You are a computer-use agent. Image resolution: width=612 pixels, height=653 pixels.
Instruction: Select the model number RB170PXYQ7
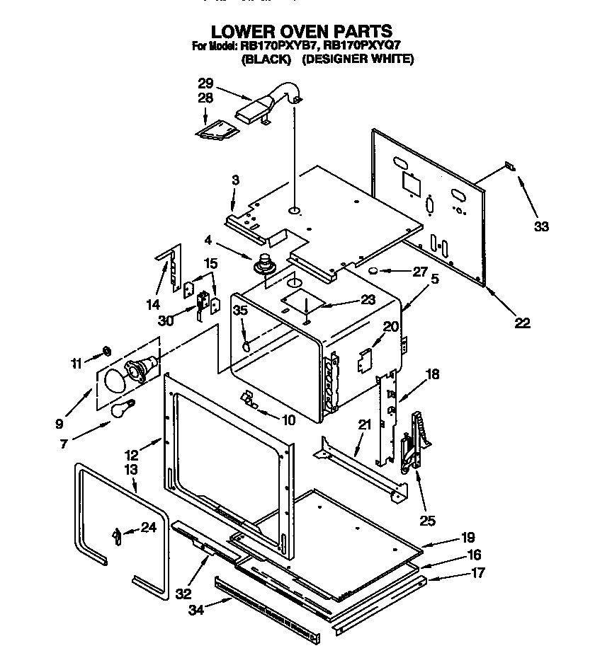[x=363, y=47]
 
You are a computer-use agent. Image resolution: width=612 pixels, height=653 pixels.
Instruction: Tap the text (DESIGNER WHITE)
[x=358, y=59]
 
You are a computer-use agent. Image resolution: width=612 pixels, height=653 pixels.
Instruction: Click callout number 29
[x=205, y=83]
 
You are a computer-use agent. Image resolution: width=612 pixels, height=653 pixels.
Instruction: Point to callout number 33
[x=541, y=226]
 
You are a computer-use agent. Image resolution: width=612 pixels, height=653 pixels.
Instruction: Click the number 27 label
[x=420, y=271]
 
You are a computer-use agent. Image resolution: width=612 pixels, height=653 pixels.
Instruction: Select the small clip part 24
[x=115, y=536]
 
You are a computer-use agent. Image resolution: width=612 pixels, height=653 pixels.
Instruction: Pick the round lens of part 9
[x=113, y=381]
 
